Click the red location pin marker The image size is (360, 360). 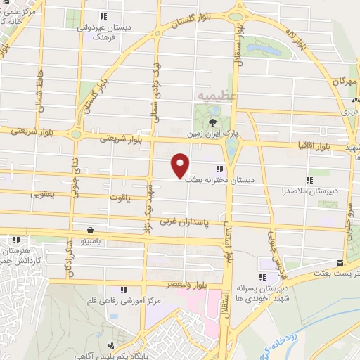[x=180, y=165]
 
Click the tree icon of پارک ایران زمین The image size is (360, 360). [x=212, y=121]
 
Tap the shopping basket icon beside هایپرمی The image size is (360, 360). [x=90, y=230]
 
